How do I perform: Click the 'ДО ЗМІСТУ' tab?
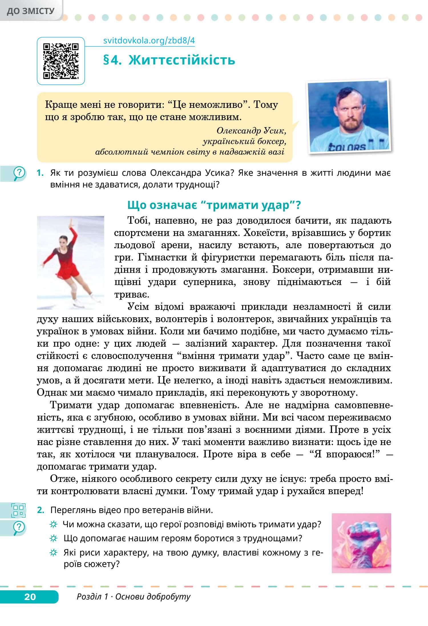(x=31, y=11)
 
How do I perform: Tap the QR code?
(x=61, y=60)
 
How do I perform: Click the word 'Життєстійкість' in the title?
(x=182, y=60)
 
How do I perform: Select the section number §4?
(x=114, y=60)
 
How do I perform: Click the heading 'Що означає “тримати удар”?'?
(x=214, y=205)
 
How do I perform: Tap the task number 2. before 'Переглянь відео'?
(x=41, y=510)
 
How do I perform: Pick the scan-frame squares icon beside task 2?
(x=18, y=510)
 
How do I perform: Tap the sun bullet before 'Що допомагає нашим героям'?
(x=53, y=538)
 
